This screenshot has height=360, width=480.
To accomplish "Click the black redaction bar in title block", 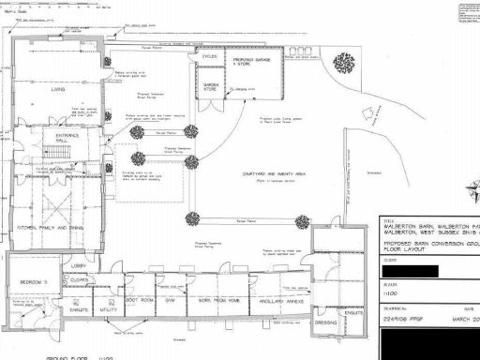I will pos(413,272).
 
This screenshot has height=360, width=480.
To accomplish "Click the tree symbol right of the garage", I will pos(344,62).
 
